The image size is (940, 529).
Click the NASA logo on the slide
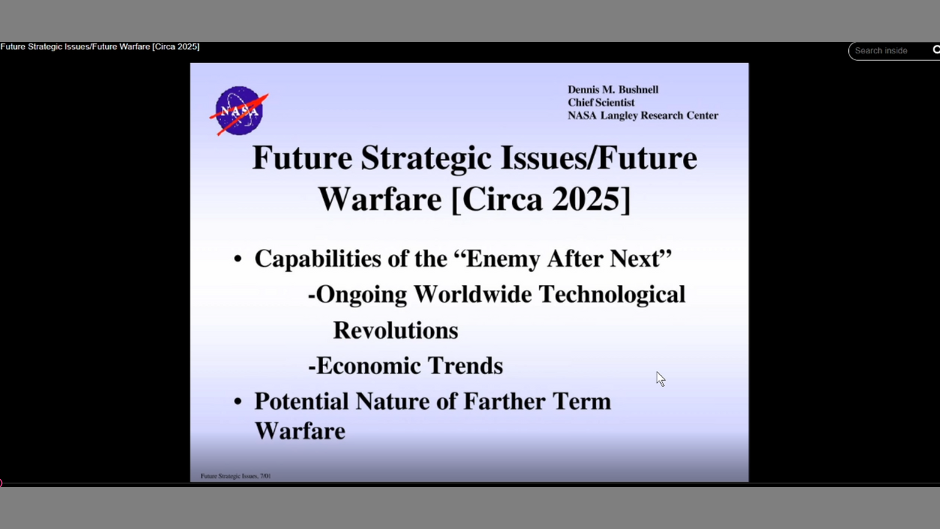tap(239, 111)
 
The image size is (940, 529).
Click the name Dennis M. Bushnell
tap(612, 90)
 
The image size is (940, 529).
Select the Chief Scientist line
tap(601, 102)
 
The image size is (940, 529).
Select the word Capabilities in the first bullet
tap(319, 259)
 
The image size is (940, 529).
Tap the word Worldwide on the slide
tap(472, 295)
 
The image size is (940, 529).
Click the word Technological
tap(612, 295)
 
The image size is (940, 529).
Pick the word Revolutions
tap(396, 331)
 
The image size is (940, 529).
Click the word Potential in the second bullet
tap(301, 401)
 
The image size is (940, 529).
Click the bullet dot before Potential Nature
tap(238, 402)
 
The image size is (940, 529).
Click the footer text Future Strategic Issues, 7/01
tap(236, 476)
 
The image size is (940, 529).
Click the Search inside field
tap(889, 51)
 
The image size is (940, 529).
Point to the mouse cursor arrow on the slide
tap(661, 378)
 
